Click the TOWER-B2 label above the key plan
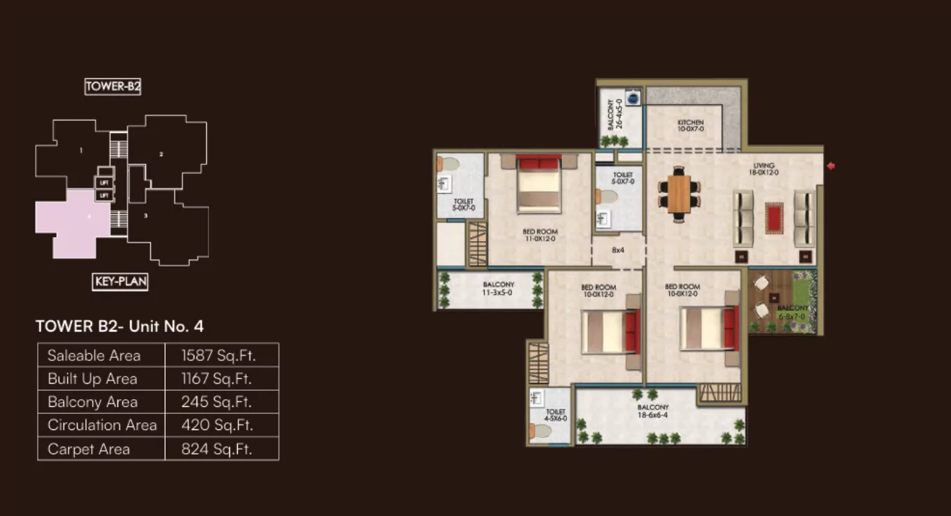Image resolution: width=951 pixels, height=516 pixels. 113,87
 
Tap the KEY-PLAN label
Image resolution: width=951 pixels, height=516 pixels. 120,282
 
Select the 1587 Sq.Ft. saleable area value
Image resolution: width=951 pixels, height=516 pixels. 218,355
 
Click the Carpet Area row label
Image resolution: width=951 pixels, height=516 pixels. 89,449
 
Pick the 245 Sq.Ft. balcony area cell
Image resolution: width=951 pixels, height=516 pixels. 218,402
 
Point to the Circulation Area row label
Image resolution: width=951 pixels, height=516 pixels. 102,425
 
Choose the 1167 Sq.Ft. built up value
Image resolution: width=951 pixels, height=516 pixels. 218,379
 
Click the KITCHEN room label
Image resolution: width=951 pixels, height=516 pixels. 690,126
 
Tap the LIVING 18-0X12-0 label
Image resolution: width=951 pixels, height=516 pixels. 764,169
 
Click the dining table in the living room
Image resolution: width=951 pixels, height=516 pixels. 679,194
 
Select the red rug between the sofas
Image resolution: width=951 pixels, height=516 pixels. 774,217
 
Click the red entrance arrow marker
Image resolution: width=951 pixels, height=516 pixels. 831,166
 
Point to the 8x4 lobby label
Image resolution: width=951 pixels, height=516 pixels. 617,250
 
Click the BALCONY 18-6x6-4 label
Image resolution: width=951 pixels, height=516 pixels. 652,411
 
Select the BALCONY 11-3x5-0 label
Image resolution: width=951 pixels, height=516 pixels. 499,289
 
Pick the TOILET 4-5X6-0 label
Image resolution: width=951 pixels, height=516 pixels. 556,415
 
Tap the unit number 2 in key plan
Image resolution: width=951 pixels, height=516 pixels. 162,154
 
